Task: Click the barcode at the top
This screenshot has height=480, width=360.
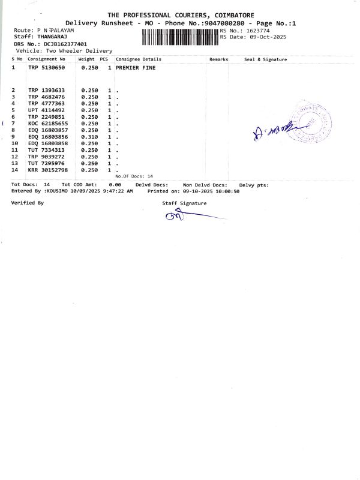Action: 181,37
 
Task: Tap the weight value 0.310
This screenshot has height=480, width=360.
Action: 89,137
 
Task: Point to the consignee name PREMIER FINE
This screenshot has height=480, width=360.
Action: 136,68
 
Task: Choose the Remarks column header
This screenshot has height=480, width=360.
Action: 219,59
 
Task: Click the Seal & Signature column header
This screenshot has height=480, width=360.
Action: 266,59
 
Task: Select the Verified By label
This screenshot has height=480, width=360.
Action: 28,203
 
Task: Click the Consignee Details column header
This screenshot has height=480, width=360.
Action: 139,59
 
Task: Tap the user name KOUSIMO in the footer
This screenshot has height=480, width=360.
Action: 58,191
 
